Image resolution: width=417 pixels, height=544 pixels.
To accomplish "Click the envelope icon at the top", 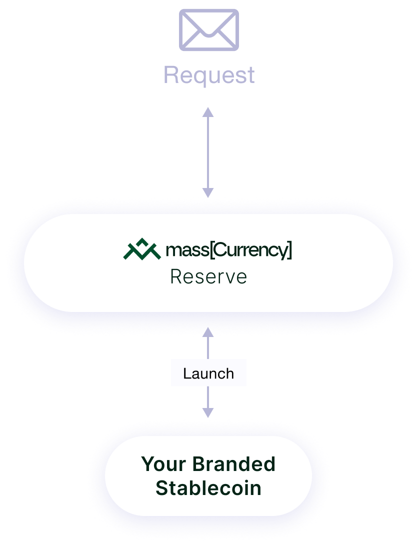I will point(209,30).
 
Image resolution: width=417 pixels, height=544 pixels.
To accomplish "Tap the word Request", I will point(209,75).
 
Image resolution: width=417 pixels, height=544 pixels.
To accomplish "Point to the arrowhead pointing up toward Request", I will point(208,112).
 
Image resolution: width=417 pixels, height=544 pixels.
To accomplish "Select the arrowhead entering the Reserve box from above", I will point(208,192).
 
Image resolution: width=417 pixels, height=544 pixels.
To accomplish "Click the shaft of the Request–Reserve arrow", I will point(208,152).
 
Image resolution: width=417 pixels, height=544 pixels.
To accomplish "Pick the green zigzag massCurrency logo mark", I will point(142,249).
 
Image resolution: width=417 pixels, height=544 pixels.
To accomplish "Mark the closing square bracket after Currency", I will point(289,250).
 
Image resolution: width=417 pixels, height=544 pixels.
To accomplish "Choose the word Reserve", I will point(208,276).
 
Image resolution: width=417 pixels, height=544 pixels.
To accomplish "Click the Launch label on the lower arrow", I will point(208,373).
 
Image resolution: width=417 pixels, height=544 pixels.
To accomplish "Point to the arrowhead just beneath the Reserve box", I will point(208,332).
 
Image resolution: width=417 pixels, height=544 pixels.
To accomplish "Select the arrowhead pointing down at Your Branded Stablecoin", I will point(208,411).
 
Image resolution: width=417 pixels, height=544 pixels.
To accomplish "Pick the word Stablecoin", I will point(208,487).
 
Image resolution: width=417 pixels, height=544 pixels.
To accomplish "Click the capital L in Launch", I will point(186,373).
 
